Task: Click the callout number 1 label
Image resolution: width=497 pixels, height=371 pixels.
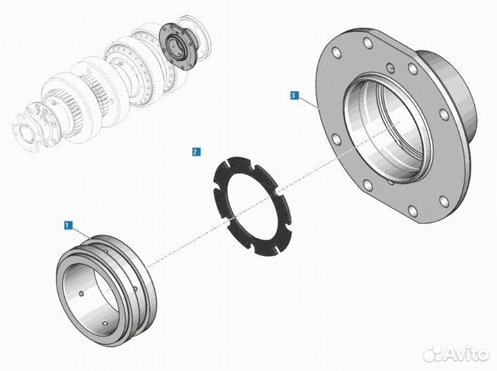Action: pyautogui.click(x=68, y=225)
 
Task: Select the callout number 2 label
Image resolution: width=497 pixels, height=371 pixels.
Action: pyautogui.click(x=196, y=152)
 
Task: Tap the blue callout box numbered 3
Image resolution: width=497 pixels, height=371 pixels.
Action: pyautogui.click(x=294, y=95)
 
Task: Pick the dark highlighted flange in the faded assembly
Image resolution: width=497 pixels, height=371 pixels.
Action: pyautogui.click(x=178, y=46)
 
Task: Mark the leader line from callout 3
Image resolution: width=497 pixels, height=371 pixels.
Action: pyautogui.click(x=308, y=101)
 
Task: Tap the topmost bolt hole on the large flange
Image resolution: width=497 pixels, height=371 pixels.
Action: pyautogui.click(x=368, y=43)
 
